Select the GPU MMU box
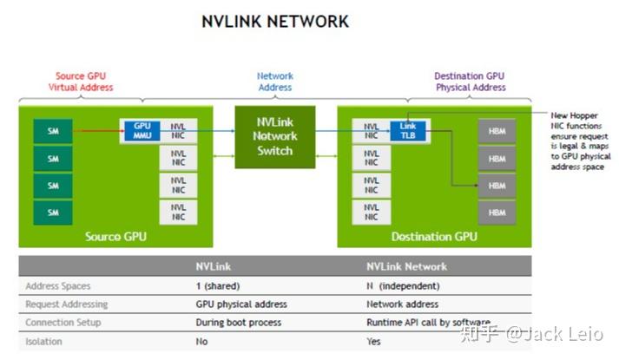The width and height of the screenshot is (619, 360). tap(142, 131)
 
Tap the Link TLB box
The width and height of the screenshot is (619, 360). tap(408, 131)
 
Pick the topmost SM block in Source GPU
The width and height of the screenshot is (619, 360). tap(53, 132)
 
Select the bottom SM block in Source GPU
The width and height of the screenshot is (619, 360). tap(53, 212)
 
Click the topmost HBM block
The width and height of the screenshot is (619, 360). tap(497, 132)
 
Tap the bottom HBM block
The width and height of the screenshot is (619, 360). tap(497, 212)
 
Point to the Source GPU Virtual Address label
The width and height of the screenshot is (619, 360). tap(81, 82)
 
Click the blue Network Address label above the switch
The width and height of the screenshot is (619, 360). tap(274, 82)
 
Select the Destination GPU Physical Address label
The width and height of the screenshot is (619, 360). tap(471, 82)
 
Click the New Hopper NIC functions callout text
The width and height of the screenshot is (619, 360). tap(580, 141)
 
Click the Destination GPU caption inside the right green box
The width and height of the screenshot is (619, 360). tap(434, 236)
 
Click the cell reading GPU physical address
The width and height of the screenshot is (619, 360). tap(240, 304)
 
